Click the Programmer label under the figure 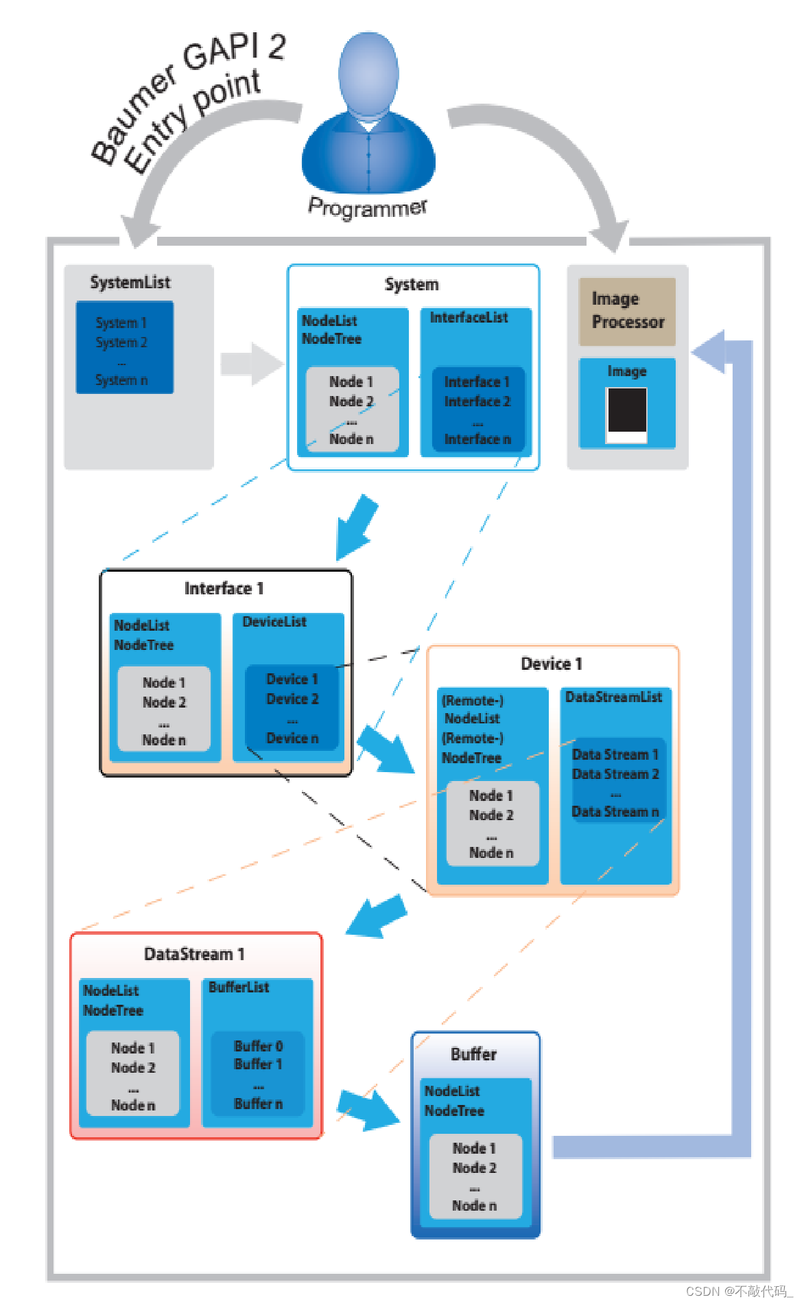[368, 207]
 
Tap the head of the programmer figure [368, 72]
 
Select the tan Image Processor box [627, 311]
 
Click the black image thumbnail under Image [626, 411]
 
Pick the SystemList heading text [130, 283]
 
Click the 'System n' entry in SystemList [121, 380]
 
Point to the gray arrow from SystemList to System [251, 364]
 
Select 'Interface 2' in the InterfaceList [477, 401]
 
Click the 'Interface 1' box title [224, 589]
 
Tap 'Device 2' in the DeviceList [292, 699]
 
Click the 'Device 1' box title [552, 664]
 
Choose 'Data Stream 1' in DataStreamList [615, 754]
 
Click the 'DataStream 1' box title [194, 954]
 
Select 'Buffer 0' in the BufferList [258, 1046]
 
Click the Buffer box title [474, 1054]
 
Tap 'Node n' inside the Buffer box [474, 1205]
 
